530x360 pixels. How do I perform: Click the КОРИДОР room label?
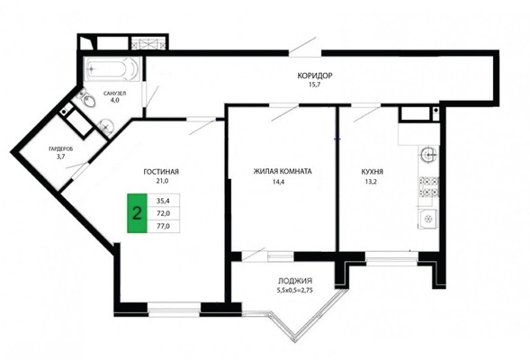point(315,76)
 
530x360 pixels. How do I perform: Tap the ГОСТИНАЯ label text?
point(161,172)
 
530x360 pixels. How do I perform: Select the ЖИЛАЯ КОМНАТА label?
point(283,171)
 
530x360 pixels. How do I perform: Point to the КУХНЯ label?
point(373,172)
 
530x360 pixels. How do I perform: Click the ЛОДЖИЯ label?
point(295,281)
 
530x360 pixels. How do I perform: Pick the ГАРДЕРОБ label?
point(61,148)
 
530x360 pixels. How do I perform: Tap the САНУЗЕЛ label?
point(115,94)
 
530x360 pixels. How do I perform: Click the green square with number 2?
point(137,213)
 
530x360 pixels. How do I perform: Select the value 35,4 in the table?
point(163,201)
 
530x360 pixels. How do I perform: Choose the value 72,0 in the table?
point(163,213)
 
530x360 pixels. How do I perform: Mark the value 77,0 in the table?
point(163,226)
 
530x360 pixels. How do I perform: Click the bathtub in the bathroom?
point(112,69)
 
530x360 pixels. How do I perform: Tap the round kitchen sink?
point(429,156)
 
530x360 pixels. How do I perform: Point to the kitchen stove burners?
point(429,187)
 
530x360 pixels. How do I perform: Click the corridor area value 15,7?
point(314,85)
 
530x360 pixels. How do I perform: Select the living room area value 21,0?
point(162,181)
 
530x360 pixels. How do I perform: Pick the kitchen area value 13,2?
point(371,182)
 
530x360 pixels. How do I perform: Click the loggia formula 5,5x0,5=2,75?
point(295,290)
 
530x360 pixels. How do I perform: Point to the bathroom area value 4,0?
point(115,100)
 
